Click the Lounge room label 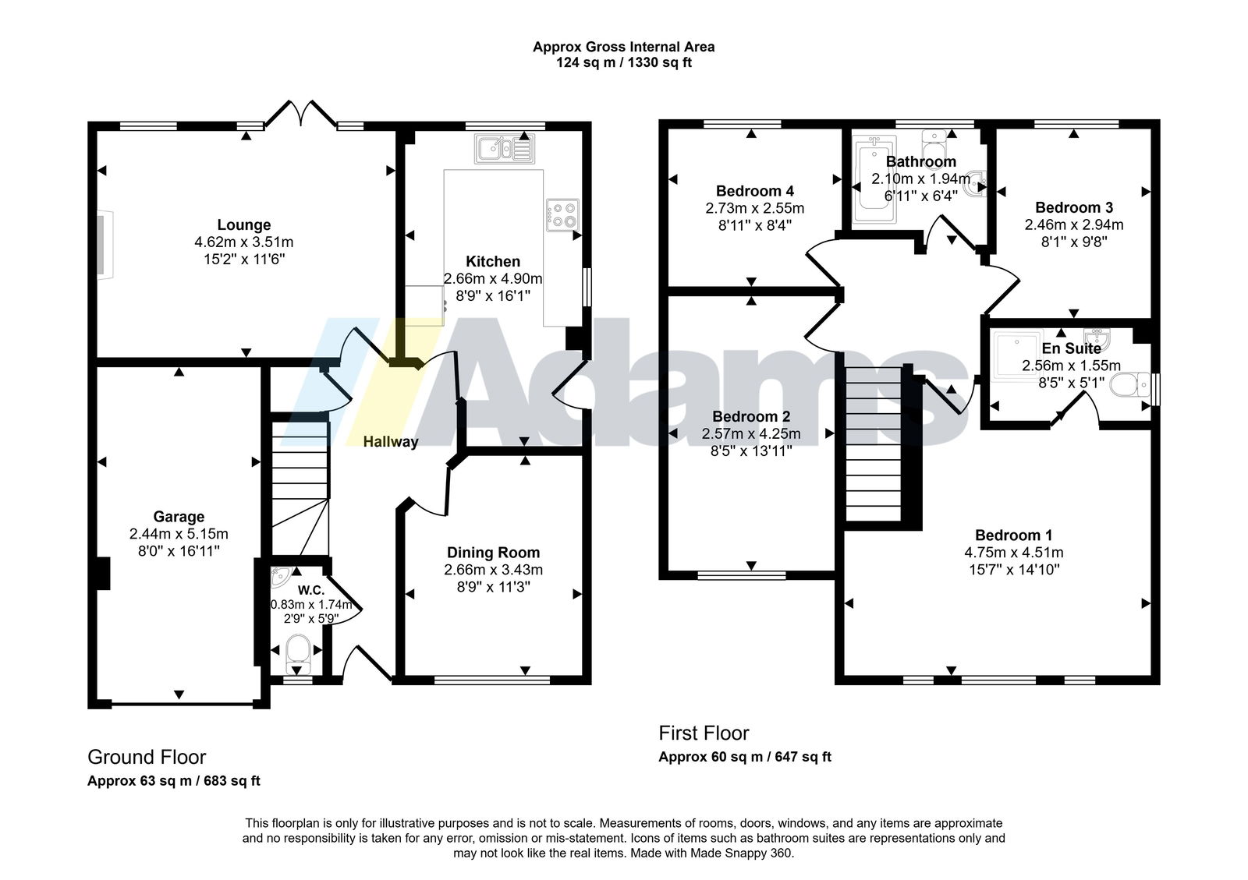click(x=244, y=224)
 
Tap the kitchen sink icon click(x=505, y=149)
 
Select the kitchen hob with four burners click(x=562, y=215)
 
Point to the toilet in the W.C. click(x=297, y=655)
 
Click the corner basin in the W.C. click(x=279, y=578)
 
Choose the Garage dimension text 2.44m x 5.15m click(x=179, y=534)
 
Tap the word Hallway click(x=391, y=442)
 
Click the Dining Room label click(x=493, y=553)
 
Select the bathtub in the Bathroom click(x=874, y=178)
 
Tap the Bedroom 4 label click(x=754, y=191)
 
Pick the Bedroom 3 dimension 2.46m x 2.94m click(x=1073, y=224)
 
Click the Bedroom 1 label click(x=1013, y=535)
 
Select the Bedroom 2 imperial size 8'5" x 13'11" click(x=751, y=451)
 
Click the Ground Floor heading click(x=147, y=757)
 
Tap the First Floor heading click(x=704, y=733)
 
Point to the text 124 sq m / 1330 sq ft click(x=623, y=62)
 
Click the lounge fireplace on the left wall click(x=105, y=244)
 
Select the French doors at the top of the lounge click(x=301, y=114)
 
